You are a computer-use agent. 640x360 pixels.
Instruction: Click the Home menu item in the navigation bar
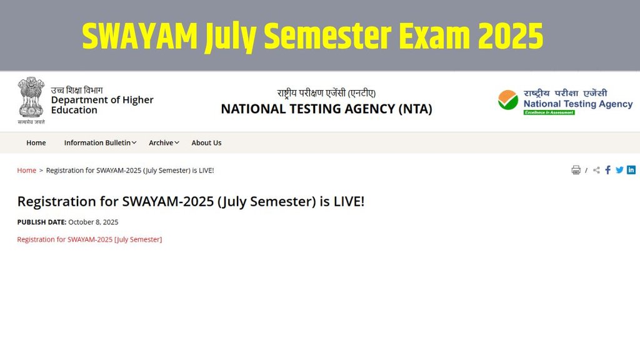(36, 142)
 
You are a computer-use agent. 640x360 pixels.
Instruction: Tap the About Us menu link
(206, 142)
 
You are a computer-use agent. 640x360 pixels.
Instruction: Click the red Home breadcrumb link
(26, 170)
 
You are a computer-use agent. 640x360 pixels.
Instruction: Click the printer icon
(576, 170)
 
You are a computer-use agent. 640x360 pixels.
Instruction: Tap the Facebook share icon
(608, 170)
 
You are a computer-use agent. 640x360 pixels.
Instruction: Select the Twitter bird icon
(619, 170)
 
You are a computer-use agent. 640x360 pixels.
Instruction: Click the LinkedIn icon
(631, 170)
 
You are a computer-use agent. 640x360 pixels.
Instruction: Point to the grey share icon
(596, 170)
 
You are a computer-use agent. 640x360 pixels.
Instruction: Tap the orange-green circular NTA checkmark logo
(508, 100)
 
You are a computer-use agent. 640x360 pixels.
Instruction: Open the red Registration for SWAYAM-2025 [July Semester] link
(89, 239)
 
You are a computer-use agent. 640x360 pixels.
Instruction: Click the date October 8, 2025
(93, 222)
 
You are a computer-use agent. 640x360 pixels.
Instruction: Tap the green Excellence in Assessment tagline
(549, 112)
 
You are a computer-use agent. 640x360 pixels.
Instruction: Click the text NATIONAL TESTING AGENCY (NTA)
(326, 109)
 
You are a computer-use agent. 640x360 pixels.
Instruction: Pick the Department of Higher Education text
(102, 105)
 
